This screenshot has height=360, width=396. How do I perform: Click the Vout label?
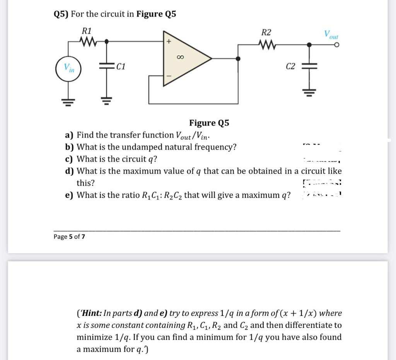331,34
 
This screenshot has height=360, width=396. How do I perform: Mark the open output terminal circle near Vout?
337,46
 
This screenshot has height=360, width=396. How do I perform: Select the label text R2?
266,32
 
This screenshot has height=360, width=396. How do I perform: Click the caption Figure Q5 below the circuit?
209,123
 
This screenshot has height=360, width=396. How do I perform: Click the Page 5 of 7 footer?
69,236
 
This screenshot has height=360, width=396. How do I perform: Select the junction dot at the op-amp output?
238,59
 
